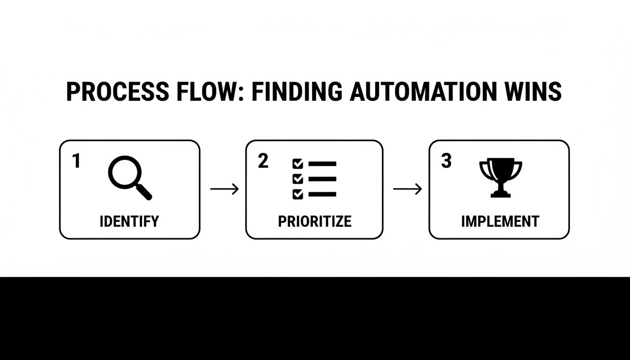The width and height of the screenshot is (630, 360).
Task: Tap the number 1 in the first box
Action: click(76, 162)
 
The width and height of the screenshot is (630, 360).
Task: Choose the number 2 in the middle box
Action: click(263, 161)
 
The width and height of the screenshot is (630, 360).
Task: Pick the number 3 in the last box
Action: click(446, 161)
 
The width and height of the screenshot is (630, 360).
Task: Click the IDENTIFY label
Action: click(129, 221)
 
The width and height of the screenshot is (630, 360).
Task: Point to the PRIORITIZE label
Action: click(315, 221)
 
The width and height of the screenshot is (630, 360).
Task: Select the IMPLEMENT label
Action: click(500, 221)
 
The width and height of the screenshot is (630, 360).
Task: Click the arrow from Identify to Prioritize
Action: click(224, 189)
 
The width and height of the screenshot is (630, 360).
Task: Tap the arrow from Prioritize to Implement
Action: click(407, 189)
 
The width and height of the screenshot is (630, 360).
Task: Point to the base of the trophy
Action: click(501, 194)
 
